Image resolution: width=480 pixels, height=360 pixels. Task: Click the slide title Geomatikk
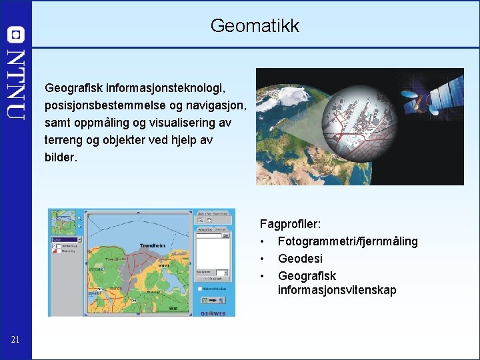point(255,26)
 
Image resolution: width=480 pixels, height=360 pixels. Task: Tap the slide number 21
point(15,341)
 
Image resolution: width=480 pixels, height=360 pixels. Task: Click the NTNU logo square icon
point(16,35)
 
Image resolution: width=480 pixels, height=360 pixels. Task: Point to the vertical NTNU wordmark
point(16,84)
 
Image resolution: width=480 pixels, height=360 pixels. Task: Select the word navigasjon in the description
point(215,105)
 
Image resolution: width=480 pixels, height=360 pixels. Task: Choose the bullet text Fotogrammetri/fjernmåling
point(347,241)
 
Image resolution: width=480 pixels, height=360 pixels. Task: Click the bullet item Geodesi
point(300,259)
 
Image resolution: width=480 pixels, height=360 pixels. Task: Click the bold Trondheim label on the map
point(153,246)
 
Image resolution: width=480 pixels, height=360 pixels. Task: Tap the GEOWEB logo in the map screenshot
point(214,313)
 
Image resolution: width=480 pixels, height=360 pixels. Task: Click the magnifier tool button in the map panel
point(200,219)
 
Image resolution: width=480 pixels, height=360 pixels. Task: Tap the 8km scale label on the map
point(172,309)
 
